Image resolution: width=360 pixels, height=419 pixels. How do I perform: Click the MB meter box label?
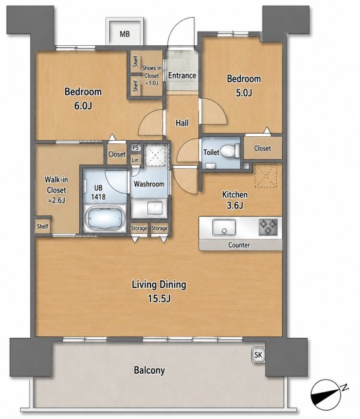(x=125, y=34)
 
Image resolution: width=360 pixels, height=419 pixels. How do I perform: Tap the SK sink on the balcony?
(x=258, y=355)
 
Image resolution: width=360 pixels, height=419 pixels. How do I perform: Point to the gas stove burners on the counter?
(x=268, y=227)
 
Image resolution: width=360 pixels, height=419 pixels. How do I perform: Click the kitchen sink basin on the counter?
(x=224, y=227)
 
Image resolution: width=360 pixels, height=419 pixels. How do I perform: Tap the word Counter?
(x=239, y=245)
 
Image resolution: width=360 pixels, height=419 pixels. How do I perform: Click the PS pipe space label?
(x=135, y=147)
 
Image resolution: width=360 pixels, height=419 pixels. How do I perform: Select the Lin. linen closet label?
(x=135, y=160)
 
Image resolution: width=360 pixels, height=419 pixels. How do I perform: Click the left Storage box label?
(x=139, y=228)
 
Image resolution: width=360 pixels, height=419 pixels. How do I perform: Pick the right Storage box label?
(x=159, y=228)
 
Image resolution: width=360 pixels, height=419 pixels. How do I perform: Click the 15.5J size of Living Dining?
(x=159, y=299)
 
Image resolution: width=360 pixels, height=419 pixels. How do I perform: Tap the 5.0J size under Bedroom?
(x=243, y=93)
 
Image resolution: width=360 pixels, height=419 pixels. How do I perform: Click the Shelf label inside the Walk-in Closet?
(x=43, y=226)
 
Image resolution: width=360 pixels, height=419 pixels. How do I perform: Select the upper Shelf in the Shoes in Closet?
(x=135, y=61)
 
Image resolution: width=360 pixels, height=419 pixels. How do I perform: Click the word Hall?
(x=182, y=123)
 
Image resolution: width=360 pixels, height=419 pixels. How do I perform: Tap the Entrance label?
(x=182, y=75)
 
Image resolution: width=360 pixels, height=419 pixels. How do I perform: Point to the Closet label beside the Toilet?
(x=262, y=149)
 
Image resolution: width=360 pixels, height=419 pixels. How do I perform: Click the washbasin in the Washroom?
(x=155, y=208)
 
